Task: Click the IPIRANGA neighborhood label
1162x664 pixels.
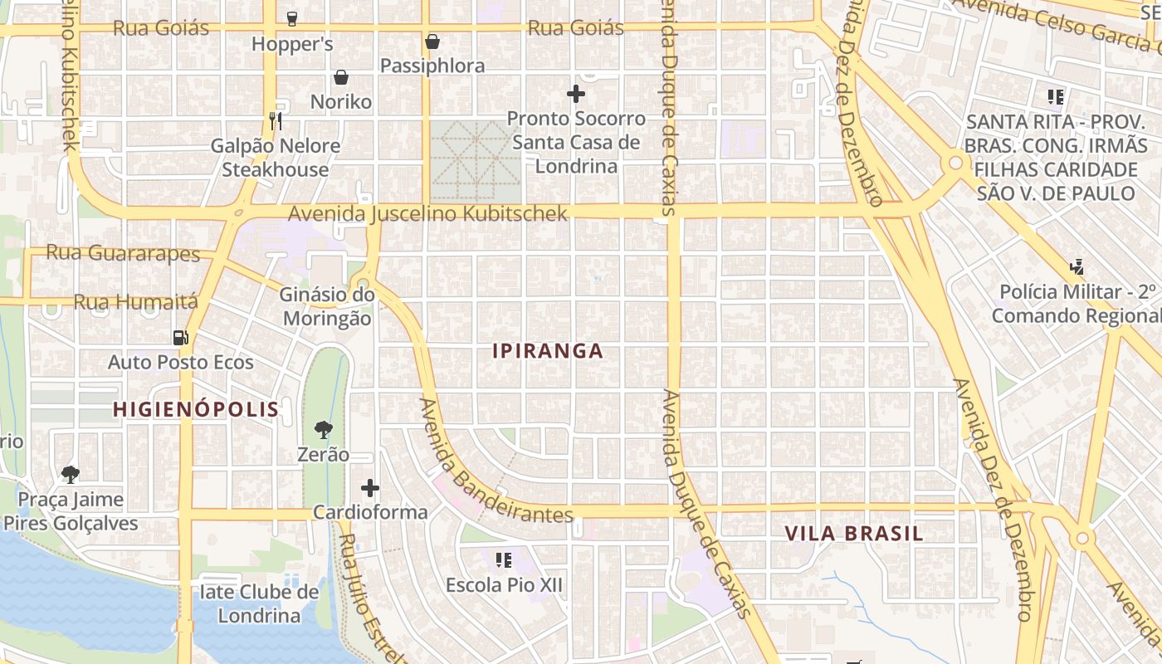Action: [548, 351]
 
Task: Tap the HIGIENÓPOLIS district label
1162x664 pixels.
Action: [196, 409]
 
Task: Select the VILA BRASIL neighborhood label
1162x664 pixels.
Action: [854, 534]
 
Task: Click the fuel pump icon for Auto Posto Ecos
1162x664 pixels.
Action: [180, 337]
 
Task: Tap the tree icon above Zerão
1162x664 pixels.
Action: [324, 430]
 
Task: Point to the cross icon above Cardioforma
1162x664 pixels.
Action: [370, 488]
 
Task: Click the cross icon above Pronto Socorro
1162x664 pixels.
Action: [575, 94]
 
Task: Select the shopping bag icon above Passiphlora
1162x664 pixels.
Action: [432, 41]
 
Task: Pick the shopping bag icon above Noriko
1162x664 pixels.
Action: [340, 78]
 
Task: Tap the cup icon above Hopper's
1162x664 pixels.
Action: [291, 18]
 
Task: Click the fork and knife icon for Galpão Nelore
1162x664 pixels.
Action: [276, 121]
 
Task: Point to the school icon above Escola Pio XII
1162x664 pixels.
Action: [503, 560]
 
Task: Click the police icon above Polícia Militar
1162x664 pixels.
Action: [1077, 267]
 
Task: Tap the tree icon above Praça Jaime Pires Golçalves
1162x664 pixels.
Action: [71, 475]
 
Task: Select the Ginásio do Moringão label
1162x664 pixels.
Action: [325, 306]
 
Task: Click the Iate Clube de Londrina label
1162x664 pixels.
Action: [259, 603]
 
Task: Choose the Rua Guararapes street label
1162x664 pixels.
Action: [123, 252]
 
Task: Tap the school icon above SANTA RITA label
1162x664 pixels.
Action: [1056, 97]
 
